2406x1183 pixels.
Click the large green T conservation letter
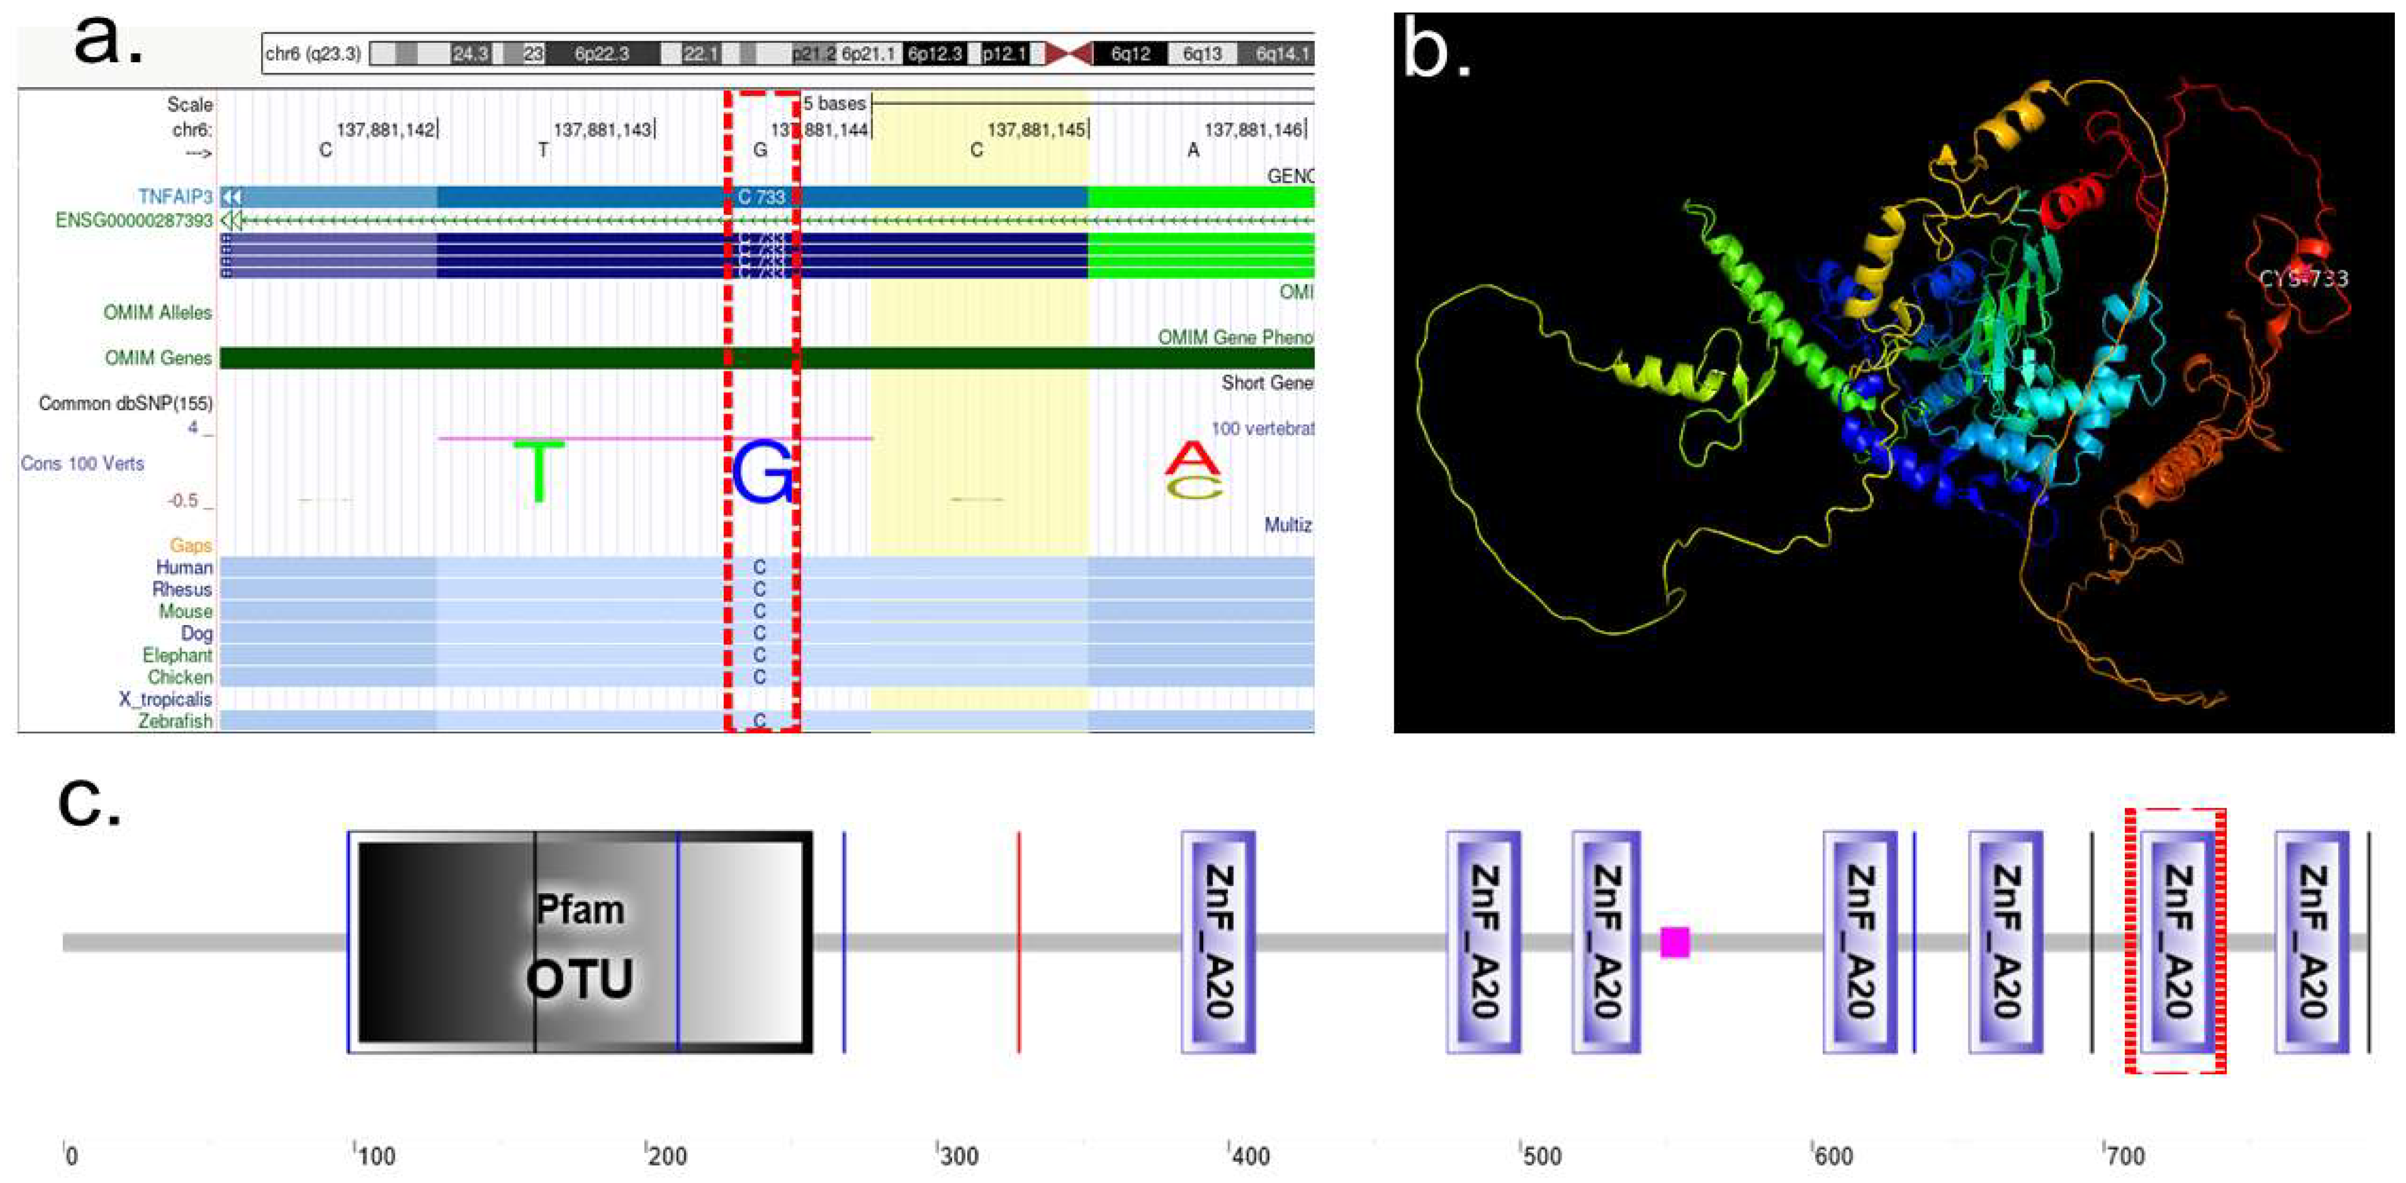(x=539, y=470)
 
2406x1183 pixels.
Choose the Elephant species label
(x=177, y=655)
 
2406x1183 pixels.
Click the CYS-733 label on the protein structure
(x=2302, y=278)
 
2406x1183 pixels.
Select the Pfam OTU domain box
(x=579, y=941)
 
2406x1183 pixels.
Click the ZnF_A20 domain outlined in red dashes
(x=2175, y=941)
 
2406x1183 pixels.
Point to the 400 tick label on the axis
(x=1250, y=1156)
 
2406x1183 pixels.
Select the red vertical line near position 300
(x=1019, y=941)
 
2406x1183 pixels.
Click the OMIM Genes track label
(x=158, y=358)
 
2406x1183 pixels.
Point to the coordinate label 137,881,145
(x=1036, y=130)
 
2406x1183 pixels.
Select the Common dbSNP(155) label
(x=125, y=404)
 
